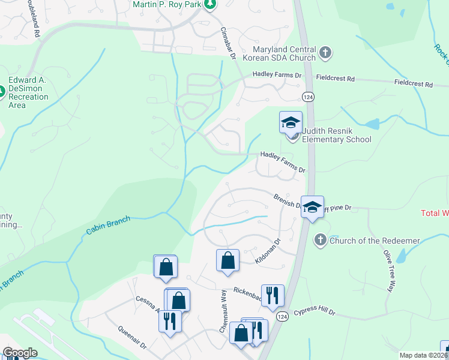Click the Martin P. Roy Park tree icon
click(210, 5)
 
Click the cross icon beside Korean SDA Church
click(325, 53)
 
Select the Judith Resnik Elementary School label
click(336, 135)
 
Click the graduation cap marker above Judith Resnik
click(291, 123)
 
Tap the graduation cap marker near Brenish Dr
click(312, 208)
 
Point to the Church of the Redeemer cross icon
click(320, 240)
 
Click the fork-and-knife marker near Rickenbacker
click(273, 295)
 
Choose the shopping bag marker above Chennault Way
click(228, 261)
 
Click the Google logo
click(20, 353)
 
